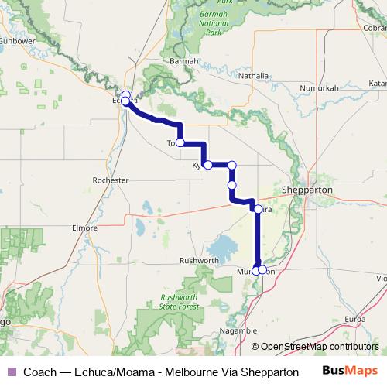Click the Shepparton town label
tap(308, 189)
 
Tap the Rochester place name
tap(110, 180)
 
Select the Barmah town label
tap(184, 60)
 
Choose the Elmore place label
tap(84, 229)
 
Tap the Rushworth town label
tap(199, 261)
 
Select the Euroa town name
tap(355, 318)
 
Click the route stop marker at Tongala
tap(180, 142)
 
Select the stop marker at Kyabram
tap(207, 165)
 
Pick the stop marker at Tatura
tap(258, 208)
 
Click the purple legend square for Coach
tap(12, 372)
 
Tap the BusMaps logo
tap(350, 372)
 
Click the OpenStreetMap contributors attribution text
tap(319, 347)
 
